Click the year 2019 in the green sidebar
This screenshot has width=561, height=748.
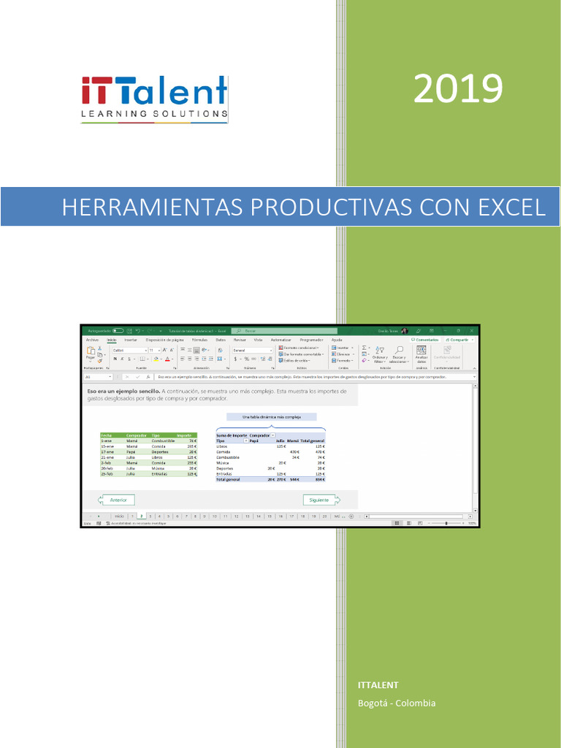pos(458,90)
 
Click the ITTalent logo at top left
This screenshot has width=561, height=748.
pos(154,98)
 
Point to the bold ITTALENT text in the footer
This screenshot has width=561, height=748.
pos(378,684)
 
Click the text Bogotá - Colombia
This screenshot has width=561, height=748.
pos(397,703)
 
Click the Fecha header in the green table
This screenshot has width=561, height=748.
pos(107,435)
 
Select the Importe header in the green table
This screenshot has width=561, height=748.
pos(185,435)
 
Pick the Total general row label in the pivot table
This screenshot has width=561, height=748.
pos(228,479)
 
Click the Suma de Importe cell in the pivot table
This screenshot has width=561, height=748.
pos(231,435)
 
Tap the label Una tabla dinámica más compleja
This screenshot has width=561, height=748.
pos(271,417)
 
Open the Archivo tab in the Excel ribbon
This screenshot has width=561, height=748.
pos(92,340)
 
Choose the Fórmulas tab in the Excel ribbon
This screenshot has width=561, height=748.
pos(199,340)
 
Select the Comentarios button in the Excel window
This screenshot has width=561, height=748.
pos(425,340)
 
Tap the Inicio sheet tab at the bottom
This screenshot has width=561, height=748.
pos(119,516)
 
